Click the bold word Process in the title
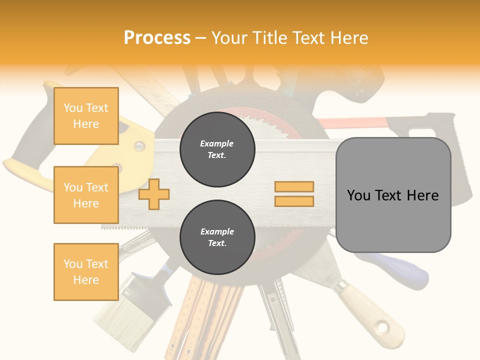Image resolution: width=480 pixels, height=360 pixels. [157, 37]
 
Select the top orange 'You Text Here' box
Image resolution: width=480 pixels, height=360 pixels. [86, 116]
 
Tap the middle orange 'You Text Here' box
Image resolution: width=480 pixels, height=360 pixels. [86, 195]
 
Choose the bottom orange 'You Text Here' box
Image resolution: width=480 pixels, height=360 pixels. [86, 272]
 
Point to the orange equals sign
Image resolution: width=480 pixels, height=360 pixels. [294, 194]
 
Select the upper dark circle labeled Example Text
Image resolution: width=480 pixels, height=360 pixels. [217, 149]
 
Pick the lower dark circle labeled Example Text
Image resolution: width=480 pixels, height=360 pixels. [217, 237]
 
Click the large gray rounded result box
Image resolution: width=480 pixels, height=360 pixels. [393, 195]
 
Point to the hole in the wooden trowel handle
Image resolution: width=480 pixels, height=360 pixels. [383, 328]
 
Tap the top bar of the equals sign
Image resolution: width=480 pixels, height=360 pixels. [294, 187]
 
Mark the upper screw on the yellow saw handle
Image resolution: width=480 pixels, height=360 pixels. [139, 146]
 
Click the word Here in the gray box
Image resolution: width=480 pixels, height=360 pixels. [422, 195]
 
